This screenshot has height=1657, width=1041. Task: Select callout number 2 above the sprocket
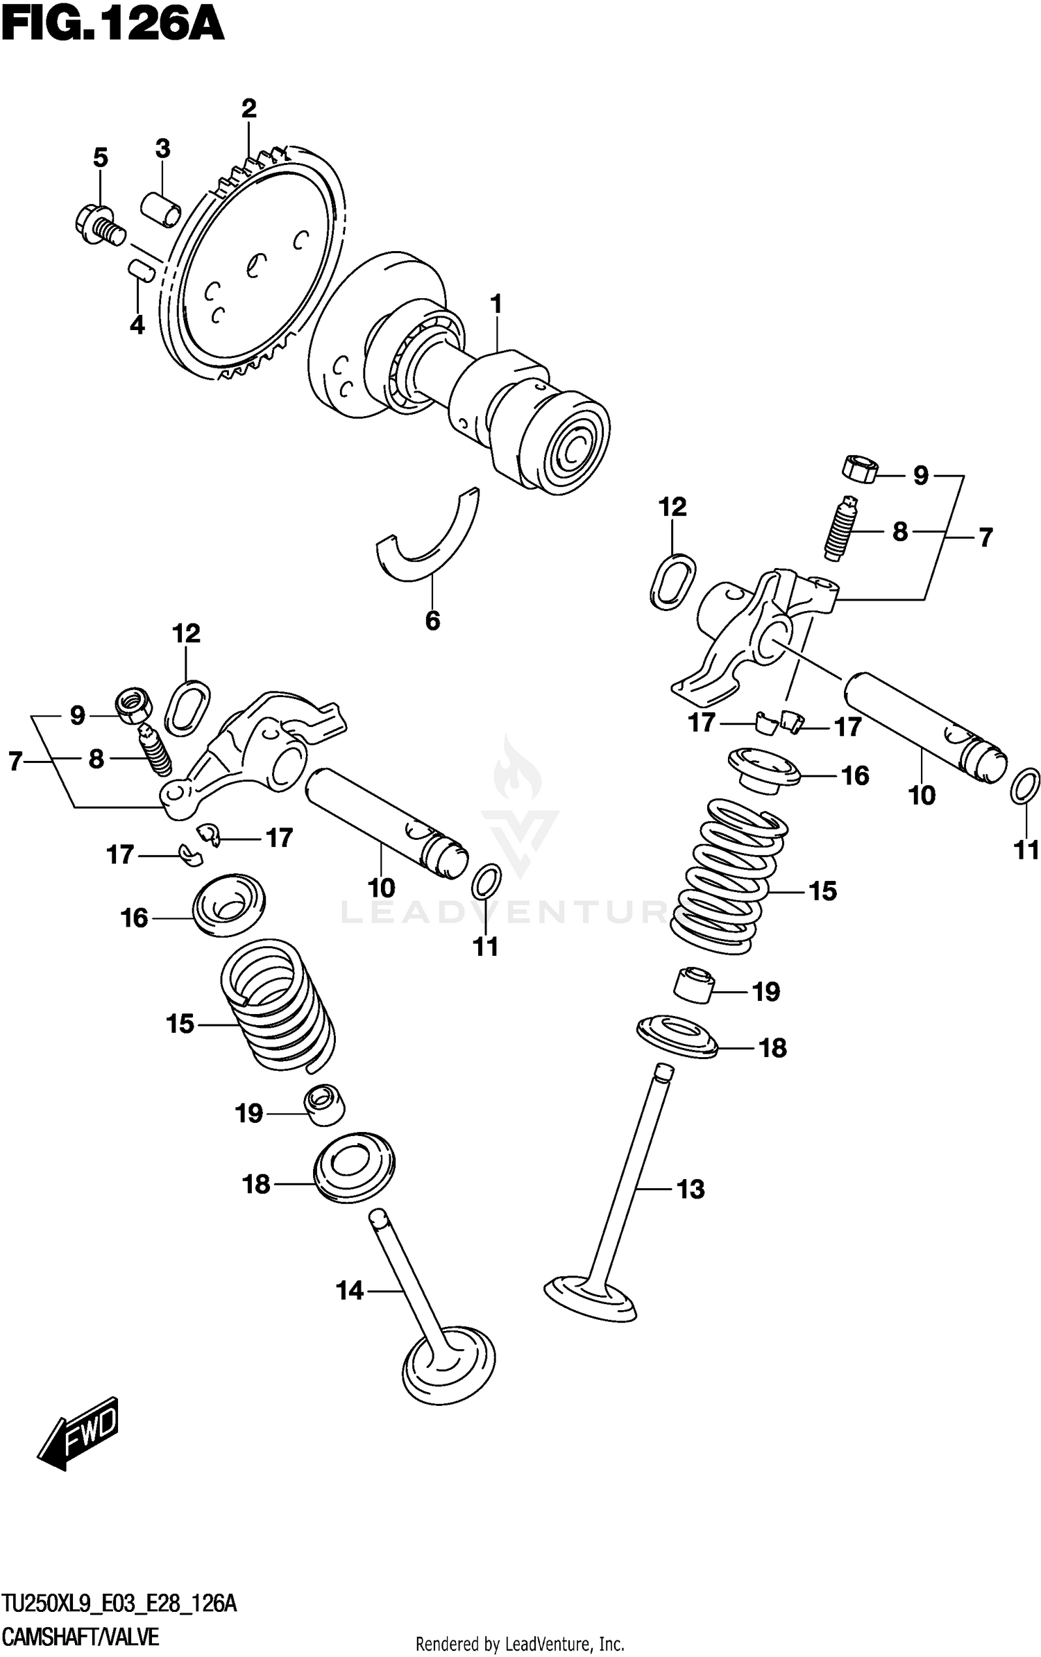tap(248, 109)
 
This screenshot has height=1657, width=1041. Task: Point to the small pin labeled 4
tap(141, 268)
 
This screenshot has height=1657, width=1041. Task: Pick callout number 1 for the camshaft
tap(496, 304)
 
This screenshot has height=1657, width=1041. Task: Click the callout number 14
tap(350, 1291)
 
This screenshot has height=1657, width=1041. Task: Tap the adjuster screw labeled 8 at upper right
tap(838, 530)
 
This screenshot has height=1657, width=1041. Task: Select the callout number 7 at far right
tap(985, 537)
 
